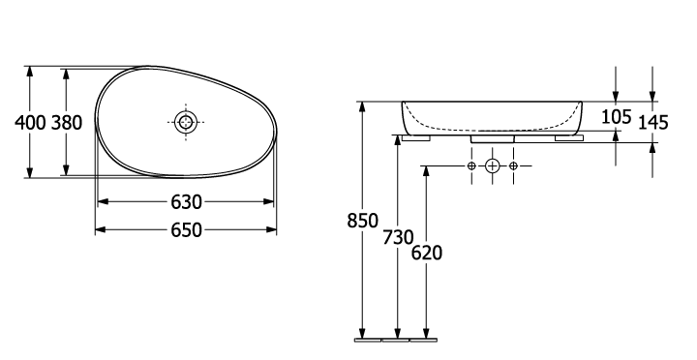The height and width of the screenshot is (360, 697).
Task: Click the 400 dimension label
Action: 30,123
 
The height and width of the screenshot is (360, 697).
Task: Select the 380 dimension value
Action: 67,123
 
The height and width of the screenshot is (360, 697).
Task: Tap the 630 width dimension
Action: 186,202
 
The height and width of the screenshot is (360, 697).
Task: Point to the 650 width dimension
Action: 186,230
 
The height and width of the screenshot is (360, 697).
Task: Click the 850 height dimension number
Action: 362,221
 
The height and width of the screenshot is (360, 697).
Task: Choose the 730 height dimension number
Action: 398,238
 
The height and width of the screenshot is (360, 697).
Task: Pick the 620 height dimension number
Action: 427,254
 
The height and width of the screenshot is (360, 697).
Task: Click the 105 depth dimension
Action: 616,117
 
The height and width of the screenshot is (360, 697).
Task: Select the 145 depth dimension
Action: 653,123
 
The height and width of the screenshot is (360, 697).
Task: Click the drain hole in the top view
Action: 186,122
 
